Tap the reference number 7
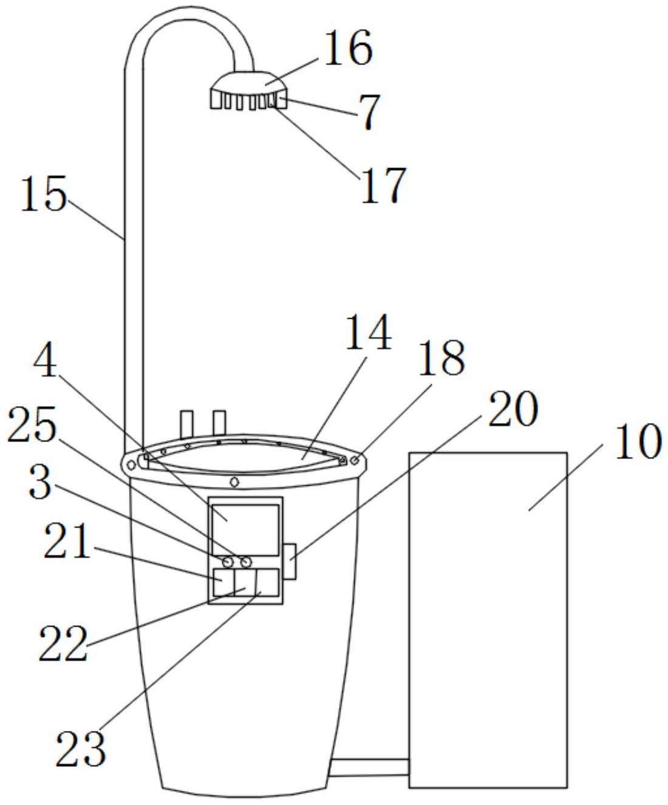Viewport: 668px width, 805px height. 368,113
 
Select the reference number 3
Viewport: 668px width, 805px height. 40,483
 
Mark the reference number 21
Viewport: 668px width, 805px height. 66,542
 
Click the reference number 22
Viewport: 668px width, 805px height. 63,645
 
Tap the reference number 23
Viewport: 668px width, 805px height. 80,749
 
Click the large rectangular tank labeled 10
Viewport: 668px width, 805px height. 488,619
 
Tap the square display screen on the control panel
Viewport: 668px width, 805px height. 245,521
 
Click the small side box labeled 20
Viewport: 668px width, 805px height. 290,560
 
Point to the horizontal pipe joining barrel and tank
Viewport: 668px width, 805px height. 369,767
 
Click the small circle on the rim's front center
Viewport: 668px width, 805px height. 234,482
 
